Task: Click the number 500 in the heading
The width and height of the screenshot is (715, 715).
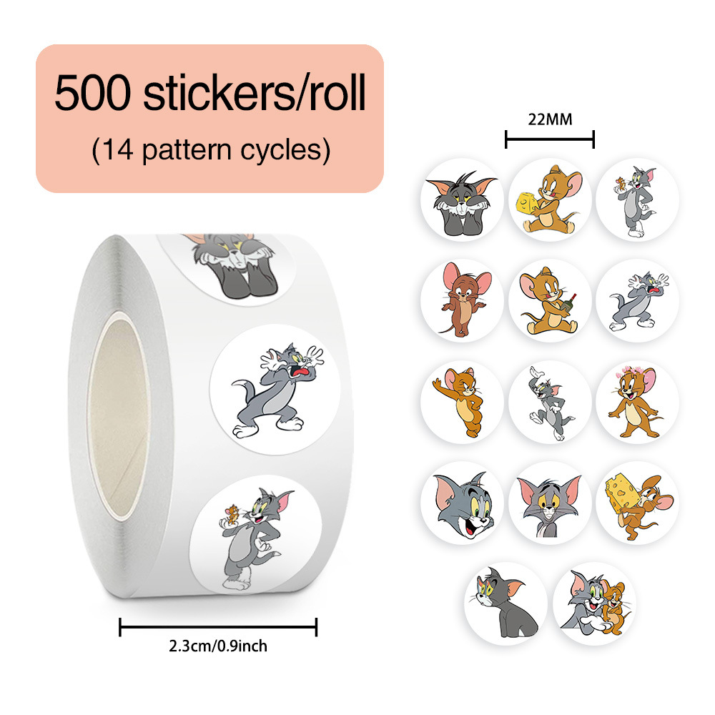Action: pos(92,92)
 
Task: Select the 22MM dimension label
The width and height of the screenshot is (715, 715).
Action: pos(550,119)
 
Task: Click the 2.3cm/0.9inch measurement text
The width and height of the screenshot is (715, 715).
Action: pos(218,646)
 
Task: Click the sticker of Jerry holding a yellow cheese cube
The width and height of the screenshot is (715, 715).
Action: pos(550,199)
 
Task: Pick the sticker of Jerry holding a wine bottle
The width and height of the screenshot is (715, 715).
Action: pos(550,300)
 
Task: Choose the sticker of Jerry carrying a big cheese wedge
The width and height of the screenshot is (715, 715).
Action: pos(637,503)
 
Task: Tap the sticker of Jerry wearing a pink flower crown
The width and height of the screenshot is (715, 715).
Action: pos(637,402)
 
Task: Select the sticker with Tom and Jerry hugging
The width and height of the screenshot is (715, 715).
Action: pos(593,603)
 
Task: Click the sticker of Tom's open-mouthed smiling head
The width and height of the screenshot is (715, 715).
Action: pos(462,503)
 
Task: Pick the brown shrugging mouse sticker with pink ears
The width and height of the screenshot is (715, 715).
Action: pos(462,300)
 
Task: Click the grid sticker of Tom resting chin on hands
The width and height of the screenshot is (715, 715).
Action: pos(462,199)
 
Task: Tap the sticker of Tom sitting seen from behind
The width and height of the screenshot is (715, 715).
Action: pos(506,603)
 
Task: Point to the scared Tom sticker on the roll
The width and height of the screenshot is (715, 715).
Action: pos(275,389)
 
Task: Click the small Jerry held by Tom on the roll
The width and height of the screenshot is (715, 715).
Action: pos(232,515)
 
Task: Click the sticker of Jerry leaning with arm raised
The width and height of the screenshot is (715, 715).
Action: pos(462,402)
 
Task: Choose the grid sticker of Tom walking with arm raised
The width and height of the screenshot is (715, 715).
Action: pos(550,402)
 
